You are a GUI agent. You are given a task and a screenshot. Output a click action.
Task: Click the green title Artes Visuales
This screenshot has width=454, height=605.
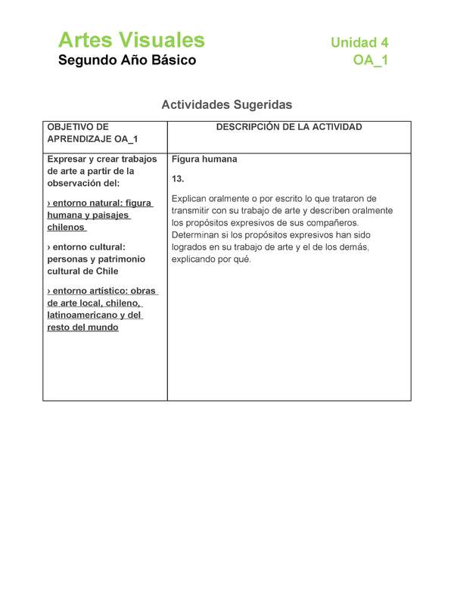click(x=131, y=40)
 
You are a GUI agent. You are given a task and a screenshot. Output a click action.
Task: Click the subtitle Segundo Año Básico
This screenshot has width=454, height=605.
click(x=127, y=60)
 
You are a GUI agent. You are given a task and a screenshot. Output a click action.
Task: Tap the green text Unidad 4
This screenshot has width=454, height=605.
click(x=359, y=43)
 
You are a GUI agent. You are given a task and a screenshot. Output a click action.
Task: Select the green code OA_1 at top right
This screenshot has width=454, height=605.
click(x=371, y=61)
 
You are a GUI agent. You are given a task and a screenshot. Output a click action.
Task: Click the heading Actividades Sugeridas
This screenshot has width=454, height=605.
click(x=226, y=104)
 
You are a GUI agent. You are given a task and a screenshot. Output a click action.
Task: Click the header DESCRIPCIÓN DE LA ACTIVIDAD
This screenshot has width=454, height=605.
click(x=289, y=127)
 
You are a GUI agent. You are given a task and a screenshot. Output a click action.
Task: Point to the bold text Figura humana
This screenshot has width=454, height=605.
click(x=204, y=160)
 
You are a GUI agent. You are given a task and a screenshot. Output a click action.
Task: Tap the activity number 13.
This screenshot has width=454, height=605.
click(x=179, y=179)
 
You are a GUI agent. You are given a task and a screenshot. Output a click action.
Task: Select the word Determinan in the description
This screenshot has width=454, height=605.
click(x=198, y=235)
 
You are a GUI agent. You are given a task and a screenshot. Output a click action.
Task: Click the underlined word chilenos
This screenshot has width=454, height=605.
click(x=66, y=228)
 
